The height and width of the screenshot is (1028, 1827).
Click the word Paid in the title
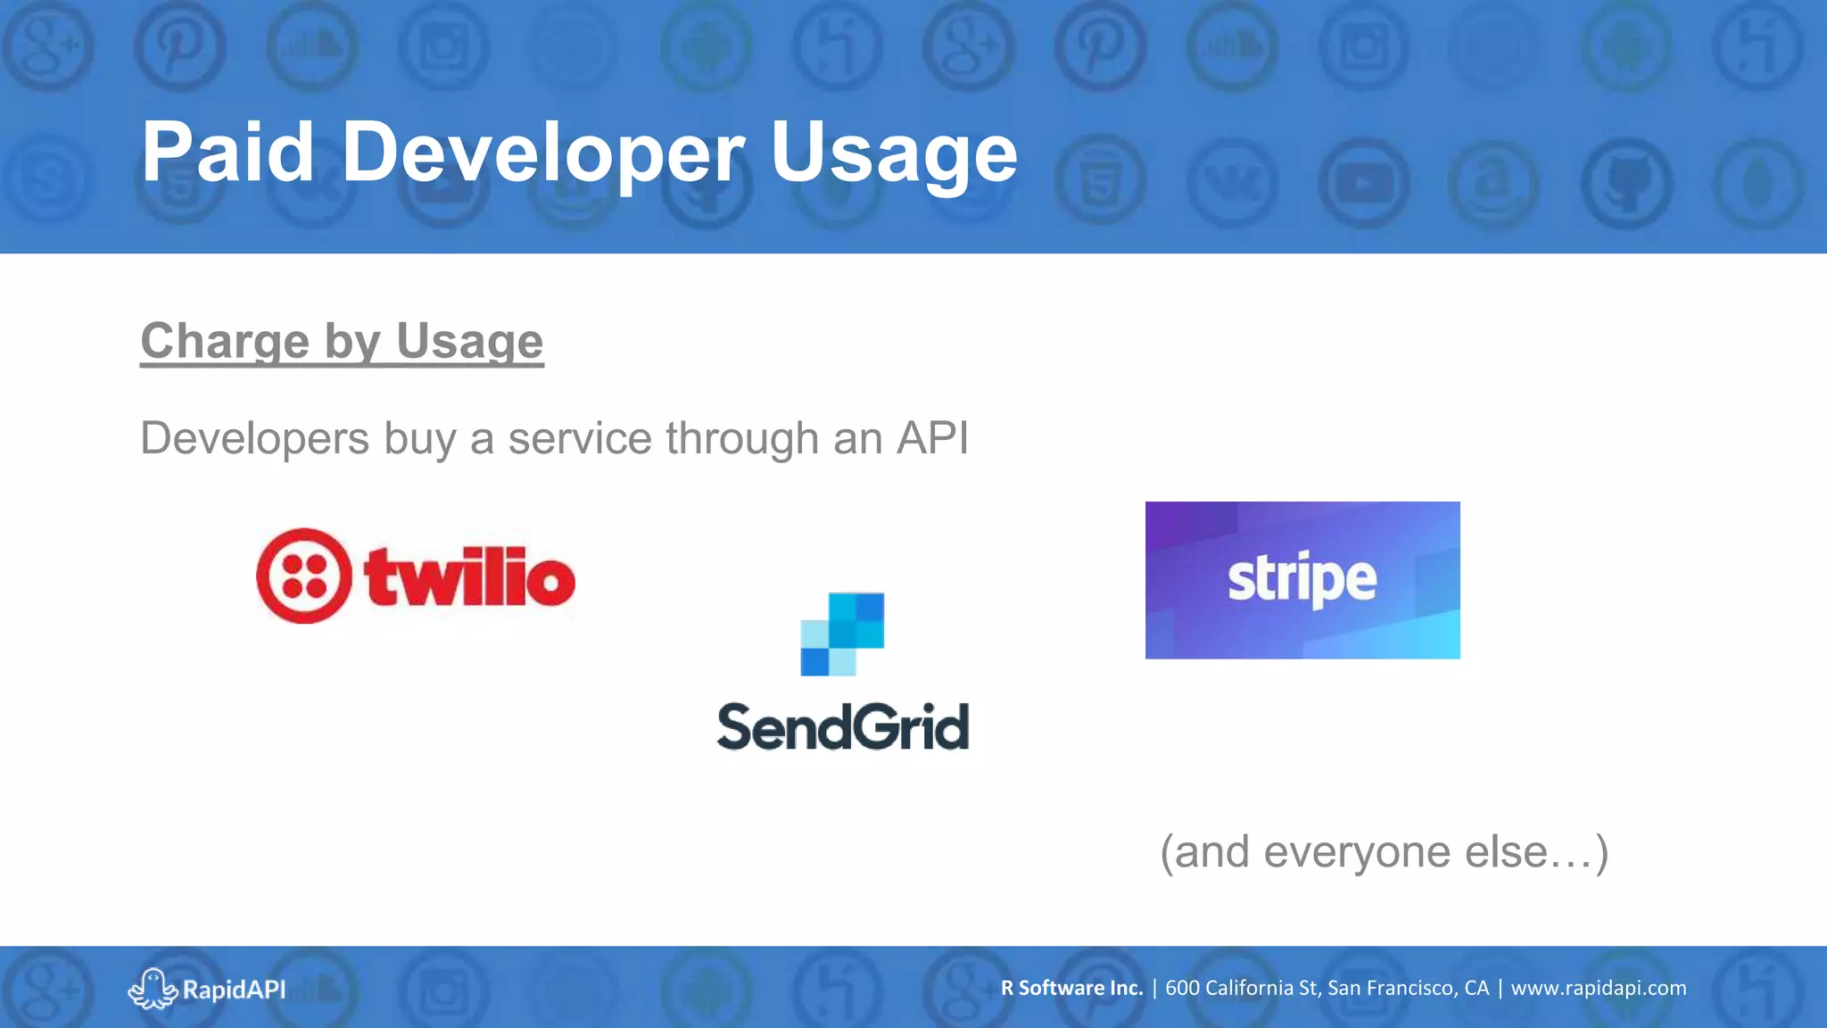point(227,153)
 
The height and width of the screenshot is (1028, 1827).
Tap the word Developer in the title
point(542,153)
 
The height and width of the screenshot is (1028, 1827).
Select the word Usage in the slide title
point(893,153)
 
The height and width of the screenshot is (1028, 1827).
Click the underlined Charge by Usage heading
point(342,341)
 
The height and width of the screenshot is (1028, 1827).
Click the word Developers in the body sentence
point(255,438)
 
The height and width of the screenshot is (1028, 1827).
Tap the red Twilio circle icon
point(303,576)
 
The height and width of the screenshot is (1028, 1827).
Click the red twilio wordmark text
point(469,577)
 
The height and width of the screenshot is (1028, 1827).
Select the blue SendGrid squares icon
point(842,634)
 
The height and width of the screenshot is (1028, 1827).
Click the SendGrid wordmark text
point(843,726)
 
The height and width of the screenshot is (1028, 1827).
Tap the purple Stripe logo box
point(1302,580)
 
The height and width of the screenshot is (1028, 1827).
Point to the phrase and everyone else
point(1384,851)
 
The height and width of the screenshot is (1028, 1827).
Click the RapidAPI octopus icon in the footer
point(152,988)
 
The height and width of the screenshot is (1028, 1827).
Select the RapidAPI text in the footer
point(234,989)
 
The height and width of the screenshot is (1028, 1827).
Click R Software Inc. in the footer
point(1071,988)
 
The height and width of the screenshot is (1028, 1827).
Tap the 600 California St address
point(1327,988)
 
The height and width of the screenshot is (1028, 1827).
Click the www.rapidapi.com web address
point(1598,988)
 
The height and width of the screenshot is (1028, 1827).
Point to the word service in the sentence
point(580,438)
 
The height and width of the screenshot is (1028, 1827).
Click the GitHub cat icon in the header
point(1627,183)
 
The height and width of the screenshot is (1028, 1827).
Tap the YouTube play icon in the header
point(1363,184)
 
